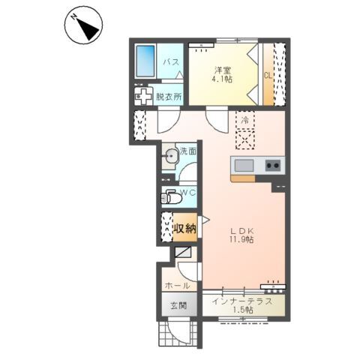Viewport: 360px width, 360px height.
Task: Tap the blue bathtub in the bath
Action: coord(145,61)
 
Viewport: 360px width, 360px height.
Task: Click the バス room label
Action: coord(171,61)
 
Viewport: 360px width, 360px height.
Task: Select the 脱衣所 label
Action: coord(169,97)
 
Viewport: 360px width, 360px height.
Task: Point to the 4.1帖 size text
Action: coord(222,79)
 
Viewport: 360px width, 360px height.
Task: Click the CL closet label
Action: coord(268,75)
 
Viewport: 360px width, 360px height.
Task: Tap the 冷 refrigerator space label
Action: coord(245,120)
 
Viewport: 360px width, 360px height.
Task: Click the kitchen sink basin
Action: coord(244,166)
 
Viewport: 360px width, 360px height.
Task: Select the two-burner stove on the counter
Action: coord(273,165)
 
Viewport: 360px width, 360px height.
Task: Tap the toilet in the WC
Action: coord(171,197)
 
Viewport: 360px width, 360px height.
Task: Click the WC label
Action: coord(188,193)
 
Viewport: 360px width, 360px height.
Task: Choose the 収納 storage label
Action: coord(185,228)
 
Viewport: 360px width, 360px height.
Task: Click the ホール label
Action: coord(178,286)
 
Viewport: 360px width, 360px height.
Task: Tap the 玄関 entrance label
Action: coord(178,305)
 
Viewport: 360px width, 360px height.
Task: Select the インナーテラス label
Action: coord(242,301)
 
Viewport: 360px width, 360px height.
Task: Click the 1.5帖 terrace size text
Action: coord(243,310)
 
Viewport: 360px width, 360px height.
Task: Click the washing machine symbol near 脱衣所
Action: coord(143,97)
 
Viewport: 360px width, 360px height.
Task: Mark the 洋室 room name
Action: coord(222,70)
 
